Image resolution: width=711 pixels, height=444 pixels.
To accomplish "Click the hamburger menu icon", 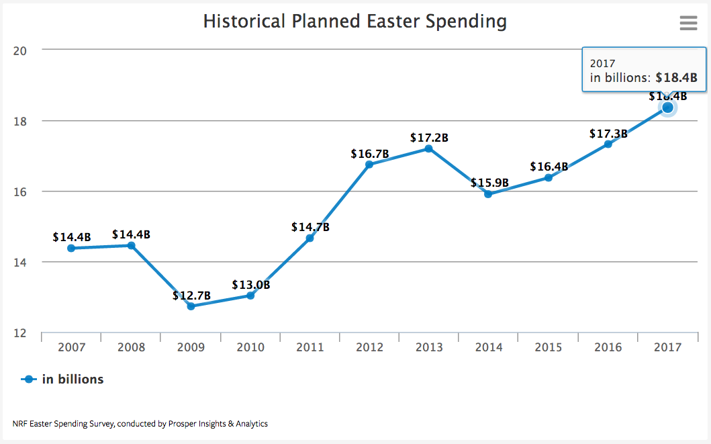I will coord(688,23).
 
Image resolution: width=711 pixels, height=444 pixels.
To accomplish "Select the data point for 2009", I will coord(191,306).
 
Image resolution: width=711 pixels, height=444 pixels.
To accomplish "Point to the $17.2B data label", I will coord(429,138).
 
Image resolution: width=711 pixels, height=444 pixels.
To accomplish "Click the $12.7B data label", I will coord(191,296).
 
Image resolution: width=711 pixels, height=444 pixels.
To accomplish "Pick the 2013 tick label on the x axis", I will coord(429,347).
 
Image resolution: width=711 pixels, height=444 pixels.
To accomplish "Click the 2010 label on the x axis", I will coord(250,347).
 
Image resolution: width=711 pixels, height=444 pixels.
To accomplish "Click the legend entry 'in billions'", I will coord(73,380).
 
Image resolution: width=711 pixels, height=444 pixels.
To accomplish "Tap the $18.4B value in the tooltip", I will coord(677,78).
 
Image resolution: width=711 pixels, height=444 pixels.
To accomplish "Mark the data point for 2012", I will coord(369,164).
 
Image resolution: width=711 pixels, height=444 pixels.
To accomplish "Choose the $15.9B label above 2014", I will coord(489,183).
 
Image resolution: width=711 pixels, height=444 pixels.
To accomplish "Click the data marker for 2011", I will coord(310,238).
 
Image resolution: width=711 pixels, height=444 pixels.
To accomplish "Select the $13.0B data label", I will coord(250,285).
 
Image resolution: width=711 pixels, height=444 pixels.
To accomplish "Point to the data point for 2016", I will coord(608,144).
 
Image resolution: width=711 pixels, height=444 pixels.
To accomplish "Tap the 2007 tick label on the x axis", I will coord(71,347).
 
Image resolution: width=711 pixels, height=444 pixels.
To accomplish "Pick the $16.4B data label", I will coord(549,167).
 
